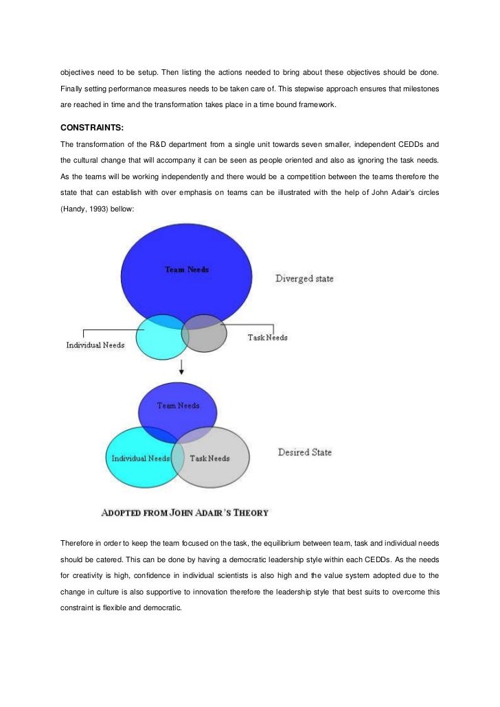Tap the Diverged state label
coord(304,279)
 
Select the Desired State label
coord(304,452)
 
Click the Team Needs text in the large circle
coord(187,270)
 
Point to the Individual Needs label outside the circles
coord(95,345)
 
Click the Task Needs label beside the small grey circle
coord(267,338)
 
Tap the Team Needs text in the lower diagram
coord(178,406)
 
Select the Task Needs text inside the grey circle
coord(209,458)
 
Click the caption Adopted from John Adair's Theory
coord(185,512)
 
